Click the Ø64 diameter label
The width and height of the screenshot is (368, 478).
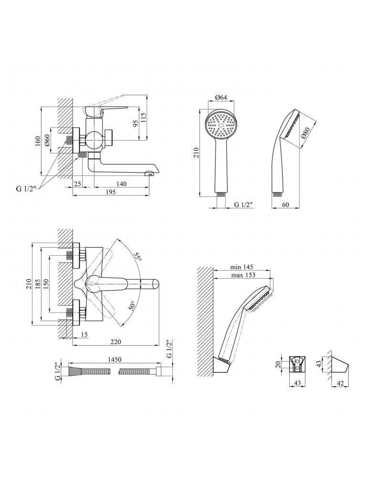tap(220, 98)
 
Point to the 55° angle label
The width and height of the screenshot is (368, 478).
tap(138, 256)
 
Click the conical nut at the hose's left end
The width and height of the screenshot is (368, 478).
tap(75, 371)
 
